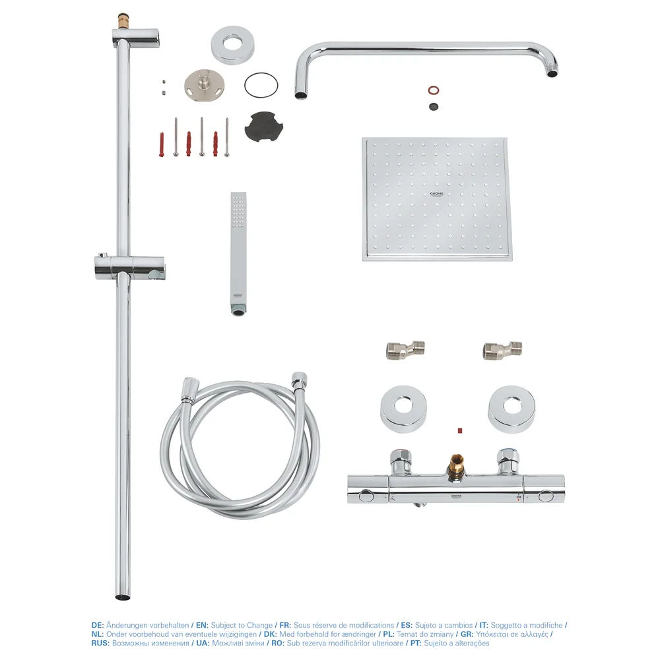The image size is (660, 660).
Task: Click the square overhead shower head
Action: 437,199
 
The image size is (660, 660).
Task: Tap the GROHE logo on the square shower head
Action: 436,194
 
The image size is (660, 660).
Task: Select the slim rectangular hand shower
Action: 238,254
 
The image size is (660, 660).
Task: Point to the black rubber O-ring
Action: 261,85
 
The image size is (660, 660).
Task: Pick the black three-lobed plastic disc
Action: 264,125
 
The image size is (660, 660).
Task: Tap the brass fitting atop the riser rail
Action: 123,20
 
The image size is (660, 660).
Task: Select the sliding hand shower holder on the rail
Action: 130,267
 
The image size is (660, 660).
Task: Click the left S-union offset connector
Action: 406,349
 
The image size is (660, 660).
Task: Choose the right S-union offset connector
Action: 503,349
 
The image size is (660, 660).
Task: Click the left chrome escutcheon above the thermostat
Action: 404,409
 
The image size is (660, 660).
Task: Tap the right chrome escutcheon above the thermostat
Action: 512,409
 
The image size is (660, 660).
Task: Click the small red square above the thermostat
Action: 459,431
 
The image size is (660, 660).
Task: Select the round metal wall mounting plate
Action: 204,83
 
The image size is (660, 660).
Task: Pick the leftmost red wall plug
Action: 162,144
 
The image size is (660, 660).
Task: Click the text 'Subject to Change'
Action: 242,625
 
